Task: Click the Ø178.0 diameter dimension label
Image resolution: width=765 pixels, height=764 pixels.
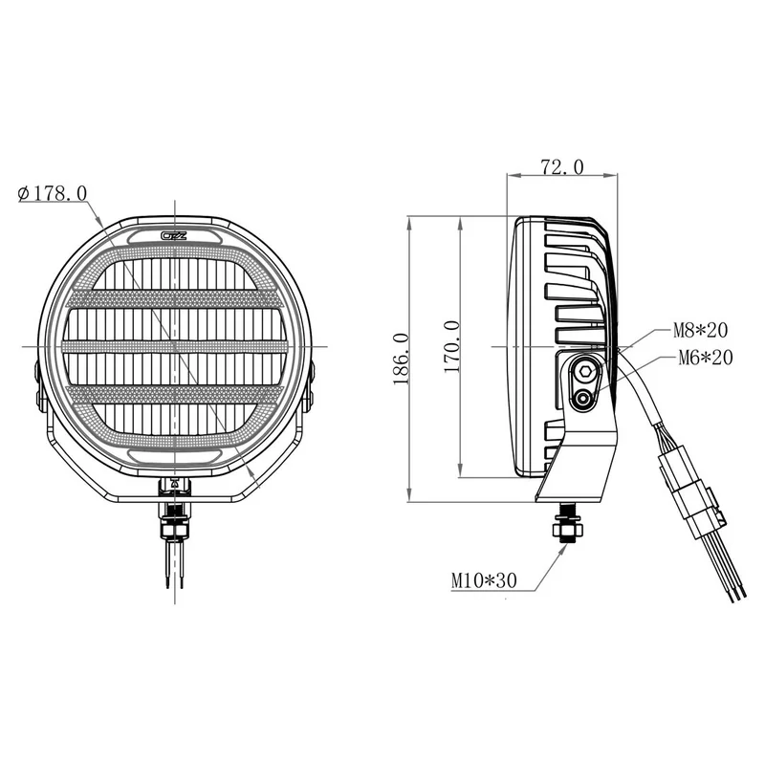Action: click(54, 193)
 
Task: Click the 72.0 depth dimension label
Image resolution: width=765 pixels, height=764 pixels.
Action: click(561, 167)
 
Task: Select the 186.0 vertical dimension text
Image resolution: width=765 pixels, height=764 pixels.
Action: click(401, 359)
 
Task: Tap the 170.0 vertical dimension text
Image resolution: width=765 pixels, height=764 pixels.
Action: click(452, 345)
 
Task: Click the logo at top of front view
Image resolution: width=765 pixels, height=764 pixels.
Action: click(175, 235)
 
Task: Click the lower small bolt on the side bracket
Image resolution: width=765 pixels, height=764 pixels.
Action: click(581, 401)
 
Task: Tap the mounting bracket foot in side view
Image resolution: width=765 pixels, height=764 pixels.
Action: click(574, 478)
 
